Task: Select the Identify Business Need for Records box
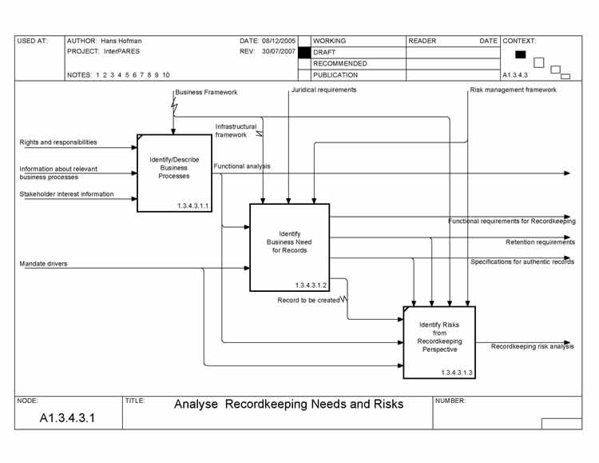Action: coord(288,247)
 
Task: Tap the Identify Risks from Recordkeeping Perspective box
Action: coord(438,341)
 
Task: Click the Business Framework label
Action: coord(206,93)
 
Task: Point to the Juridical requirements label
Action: coord(323,90)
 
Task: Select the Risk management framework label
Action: coord(513,90)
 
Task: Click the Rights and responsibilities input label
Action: coord(58,142)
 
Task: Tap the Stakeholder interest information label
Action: coord(66,194)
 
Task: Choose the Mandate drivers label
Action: coord(43,263)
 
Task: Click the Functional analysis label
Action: coord(241,166)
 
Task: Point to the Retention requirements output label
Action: coord(539,242)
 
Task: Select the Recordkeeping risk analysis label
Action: coord(532,347)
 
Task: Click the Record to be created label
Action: coord(308,301)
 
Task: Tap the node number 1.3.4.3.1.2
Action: coord(310,285)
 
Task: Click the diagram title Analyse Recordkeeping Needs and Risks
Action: coord(288,405)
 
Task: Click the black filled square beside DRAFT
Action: coord(303,52)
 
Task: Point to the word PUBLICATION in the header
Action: coord(335,75)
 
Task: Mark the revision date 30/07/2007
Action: coord(278,51)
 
